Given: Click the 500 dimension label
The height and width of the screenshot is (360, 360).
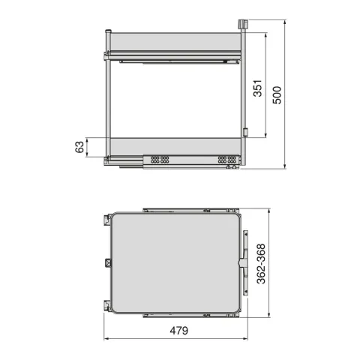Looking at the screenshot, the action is point(277,95).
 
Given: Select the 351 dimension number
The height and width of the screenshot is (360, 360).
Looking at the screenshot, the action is point(258,88).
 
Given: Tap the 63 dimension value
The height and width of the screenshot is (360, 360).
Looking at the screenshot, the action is point(79,147).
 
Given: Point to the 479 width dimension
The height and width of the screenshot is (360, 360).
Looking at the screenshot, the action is point(179,331).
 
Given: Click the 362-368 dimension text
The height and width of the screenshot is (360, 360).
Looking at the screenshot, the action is point(261,264).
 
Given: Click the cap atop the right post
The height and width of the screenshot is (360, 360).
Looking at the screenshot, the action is point(242,24).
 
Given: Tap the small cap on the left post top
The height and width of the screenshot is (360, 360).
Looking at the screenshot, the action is point(108,31).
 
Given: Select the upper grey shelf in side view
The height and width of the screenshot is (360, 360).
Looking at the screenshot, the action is point(175,42).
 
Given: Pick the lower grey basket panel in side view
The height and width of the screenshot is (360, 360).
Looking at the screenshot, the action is point(175,147).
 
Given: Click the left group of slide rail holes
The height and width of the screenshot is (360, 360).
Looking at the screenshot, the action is point(160,160).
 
